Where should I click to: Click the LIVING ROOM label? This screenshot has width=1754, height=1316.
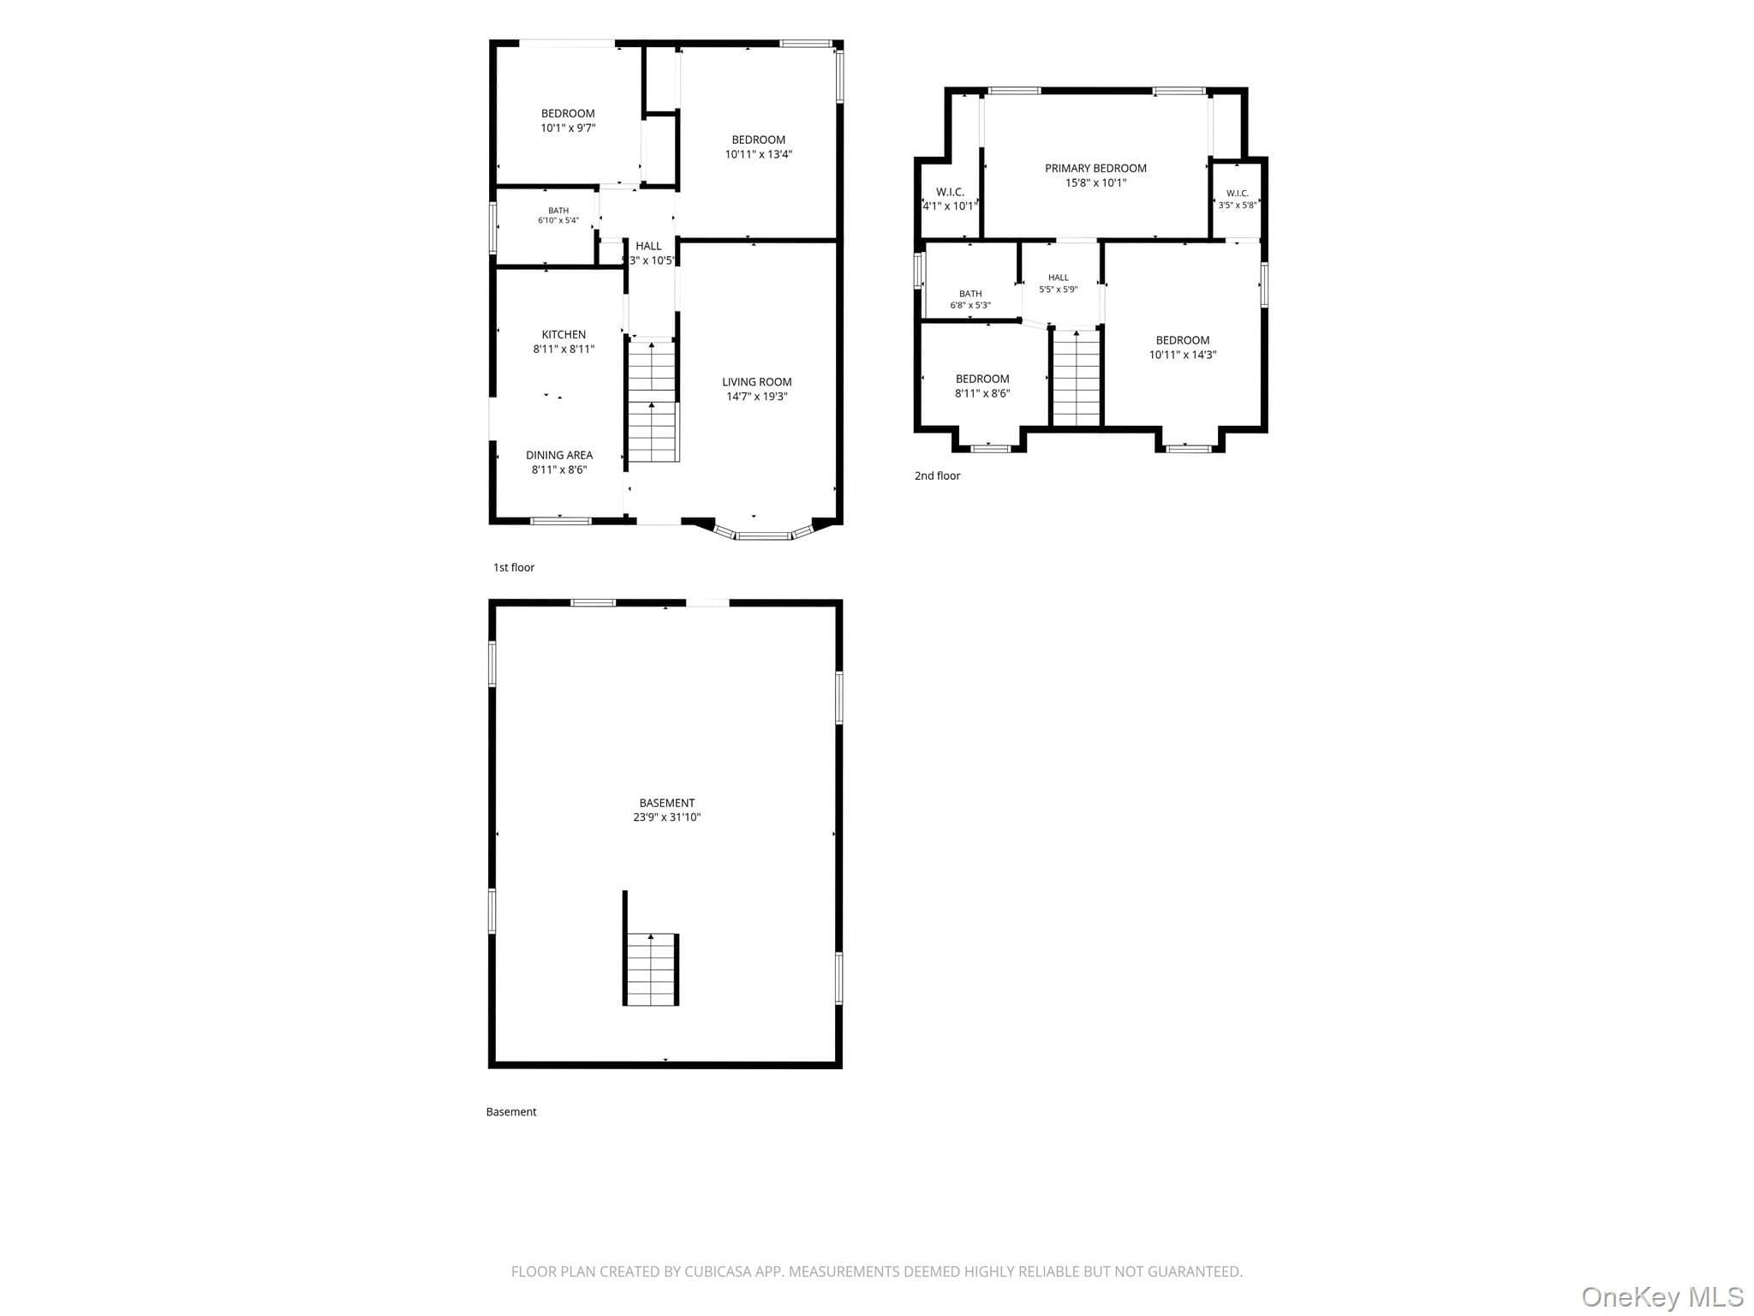[x=756, y=382]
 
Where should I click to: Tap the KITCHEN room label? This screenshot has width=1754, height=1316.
[x=564, y=334]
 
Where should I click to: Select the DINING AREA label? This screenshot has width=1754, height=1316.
[x=559, y=455]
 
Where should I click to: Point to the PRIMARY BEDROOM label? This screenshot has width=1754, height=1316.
[x=1095, y=168]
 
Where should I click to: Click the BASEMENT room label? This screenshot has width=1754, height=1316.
[x=666, y=803]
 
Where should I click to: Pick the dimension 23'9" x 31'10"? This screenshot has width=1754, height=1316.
[x=666, y=817]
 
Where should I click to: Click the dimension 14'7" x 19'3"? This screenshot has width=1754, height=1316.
[x=756, y=397]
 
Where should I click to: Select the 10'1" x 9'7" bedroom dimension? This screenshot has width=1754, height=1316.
[x=568, y=128]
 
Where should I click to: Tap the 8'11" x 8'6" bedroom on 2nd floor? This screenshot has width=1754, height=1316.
[x=982, y=386]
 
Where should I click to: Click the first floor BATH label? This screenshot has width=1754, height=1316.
[x=558, y=211]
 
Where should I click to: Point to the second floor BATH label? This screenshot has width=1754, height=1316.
[x=970, y=294]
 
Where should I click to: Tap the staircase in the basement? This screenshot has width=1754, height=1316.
[x=652, y=969]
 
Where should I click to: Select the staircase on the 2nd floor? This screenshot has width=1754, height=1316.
[x=1076, y=377]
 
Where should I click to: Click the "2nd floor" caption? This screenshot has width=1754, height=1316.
[x=937, y=476]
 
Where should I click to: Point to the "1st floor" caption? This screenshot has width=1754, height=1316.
[x=514, y=567]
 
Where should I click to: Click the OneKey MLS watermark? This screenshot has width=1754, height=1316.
[x=1662, y=1296]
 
